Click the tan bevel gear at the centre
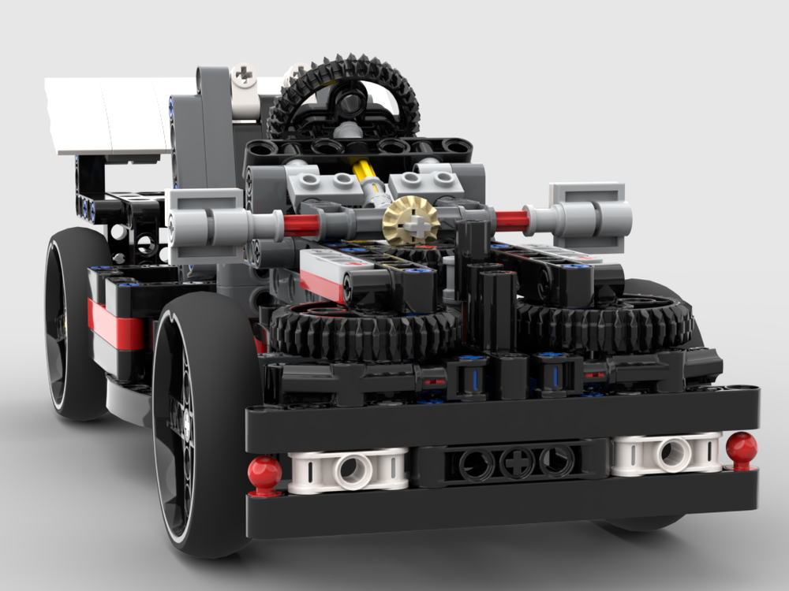coord(411,221)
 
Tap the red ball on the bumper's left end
coord(264,471)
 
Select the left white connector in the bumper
coord(347,470)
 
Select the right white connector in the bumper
coord(667,454)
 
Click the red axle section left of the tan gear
coord(301,225)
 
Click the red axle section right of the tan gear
coord(512,221)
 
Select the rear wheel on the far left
coord(75,323)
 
